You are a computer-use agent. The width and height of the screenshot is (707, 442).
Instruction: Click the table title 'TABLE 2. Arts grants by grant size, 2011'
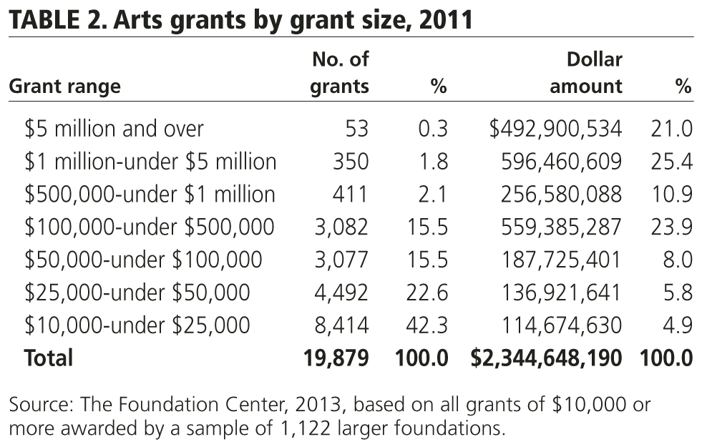click(240, 19)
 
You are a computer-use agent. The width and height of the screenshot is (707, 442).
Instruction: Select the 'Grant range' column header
click(64, 87)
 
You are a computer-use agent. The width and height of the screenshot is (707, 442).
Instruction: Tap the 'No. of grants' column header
click(341, 73)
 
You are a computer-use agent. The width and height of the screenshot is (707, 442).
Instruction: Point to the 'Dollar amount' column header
click(585, 73)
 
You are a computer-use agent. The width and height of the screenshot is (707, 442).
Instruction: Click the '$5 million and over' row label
click(114, 129)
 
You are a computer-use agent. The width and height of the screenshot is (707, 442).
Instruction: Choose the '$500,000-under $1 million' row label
click(150, 195)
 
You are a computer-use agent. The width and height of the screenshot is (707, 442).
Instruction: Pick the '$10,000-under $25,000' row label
click(137, 325)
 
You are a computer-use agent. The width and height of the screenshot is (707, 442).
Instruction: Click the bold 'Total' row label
click(49, 358)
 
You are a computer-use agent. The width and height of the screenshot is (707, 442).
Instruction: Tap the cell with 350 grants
click(351, 162)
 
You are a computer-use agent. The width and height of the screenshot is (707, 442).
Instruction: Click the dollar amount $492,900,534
click(555, 129)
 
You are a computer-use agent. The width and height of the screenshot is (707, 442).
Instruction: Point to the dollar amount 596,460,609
click(561, 162)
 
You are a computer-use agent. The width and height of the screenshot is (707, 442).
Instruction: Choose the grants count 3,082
click(341, 227)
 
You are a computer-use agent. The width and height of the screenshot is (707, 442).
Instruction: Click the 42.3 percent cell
click(429, 325)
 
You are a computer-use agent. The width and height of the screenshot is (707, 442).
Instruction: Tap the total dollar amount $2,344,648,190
click(546, 358)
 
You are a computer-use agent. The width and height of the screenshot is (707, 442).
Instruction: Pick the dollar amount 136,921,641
click(561, 293)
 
